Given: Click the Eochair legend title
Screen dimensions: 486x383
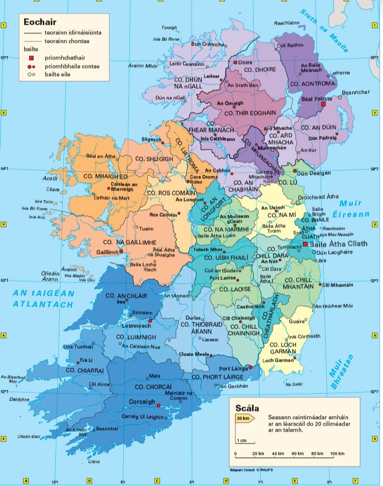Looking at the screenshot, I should point(39,22).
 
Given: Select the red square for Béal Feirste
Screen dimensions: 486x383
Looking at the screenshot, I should point(324,104).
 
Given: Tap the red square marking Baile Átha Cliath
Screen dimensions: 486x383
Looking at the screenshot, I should point(305,244).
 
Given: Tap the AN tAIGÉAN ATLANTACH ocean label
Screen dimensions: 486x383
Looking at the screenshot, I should point(43,299).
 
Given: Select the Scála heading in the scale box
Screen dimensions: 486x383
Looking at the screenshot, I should point(247,408).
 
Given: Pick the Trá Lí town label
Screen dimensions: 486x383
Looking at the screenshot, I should point(87,361).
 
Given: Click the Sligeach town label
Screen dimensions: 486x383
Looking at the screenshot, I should point(151,138).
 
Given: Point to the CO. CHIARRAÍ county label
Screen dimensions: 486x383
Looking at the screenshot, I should point(84,370).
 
